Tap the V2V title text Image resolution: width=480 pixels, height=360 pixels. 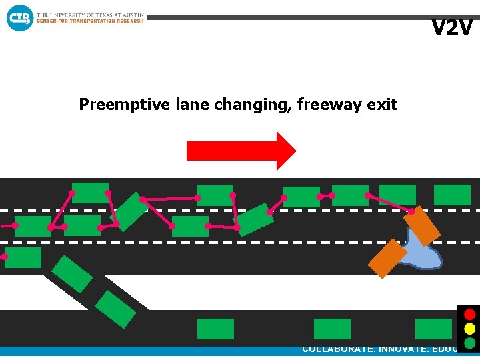tap(451, 28)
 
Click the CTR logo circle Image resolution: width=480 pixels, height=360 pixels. tap(19, 17)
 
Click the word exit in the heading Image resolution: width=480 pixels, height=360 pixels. tap(383, 105)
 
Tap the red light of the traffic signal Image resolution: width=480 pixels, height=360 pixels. tap(469, 314)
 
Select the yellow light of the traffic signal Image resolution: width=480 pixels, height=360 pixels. tap(469, 329)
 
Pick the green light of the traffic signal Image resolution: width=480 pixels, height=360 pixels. tap(469, 343)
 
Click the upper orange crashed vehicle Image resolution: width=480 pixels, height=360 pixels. tap(421, 225)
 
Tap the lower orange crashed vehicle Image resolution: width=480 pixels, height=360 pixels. tap(387, 258)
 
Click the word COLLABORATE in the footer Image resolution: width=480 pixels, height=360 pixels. tap(337, 349)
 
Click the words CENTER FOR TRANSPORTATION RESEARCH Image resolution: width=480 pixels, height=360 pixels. tap(90, 21)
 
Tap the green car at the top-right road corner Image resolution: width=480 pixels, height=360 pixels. tap(452, 195)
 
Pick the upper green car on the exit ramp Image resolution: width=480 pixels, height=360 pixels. tap(72, 274)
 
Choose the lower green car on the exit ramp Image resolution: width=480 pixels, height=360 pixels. tap(115, 309)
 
